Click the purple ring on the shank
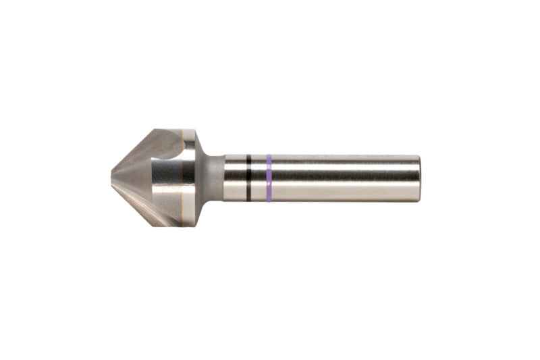click(x=269, y=178)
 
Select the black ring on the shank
click(x=248, y=178)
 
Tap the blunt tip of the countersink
click(x=113, y=178)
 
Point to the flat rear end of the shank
click(x=419, y=178)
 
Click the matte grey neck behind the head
click(x=211, y=178)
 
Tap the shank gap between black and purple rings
click(x=259, y=178)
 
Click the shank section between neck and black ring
click(x=235, y=178)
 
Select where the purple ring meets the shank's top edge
click(x=269, y=156)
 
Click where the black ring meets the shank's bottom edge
click(x=248, y=201)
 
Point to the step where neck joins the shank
click(x=223, y=178)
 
